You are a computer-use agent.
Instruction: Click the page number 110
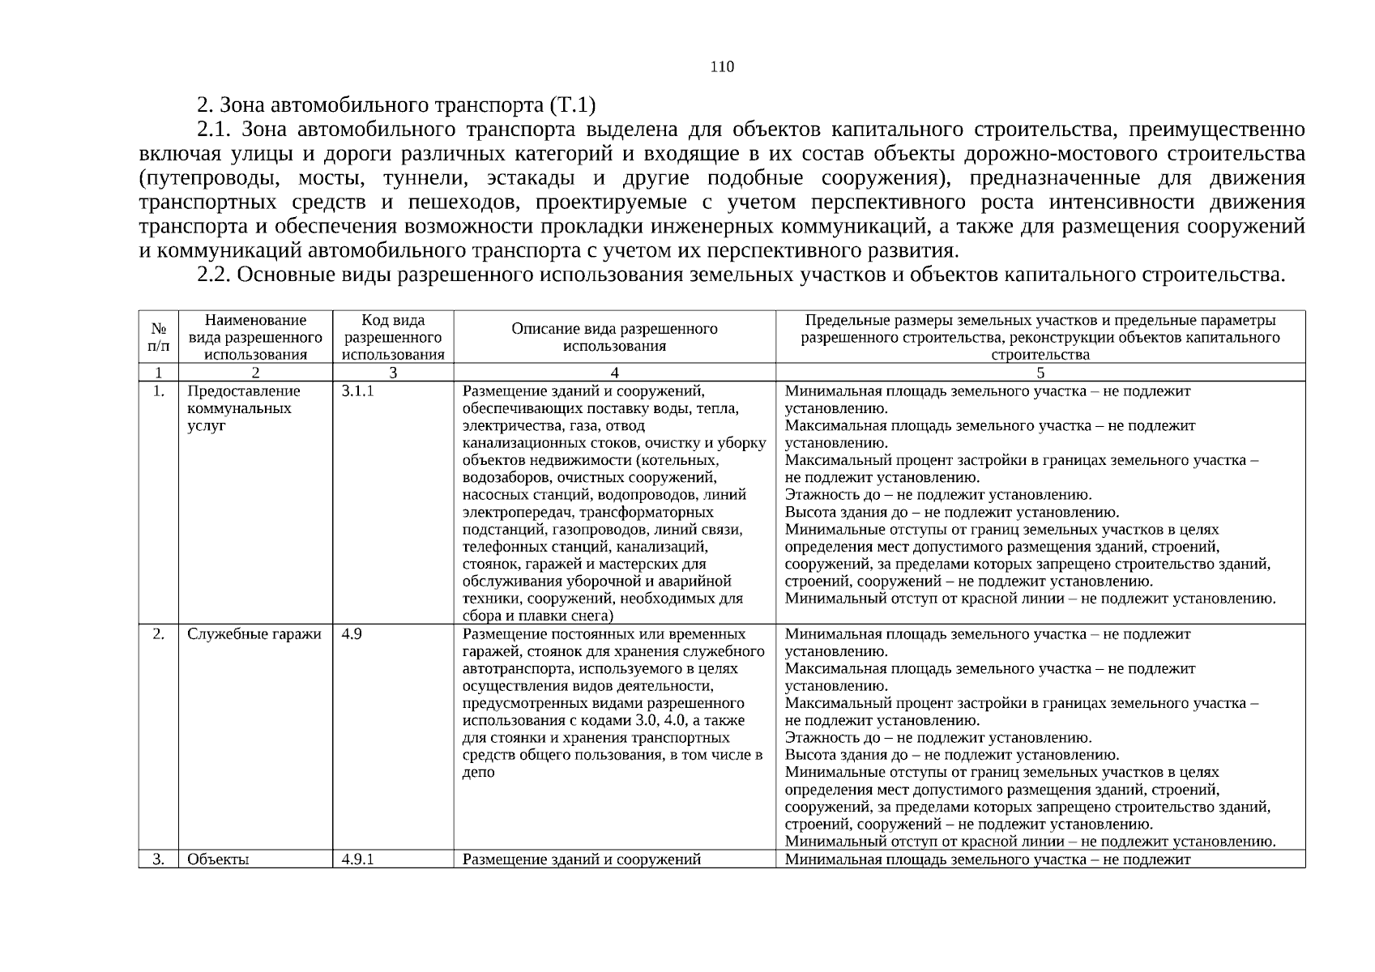[722, 67]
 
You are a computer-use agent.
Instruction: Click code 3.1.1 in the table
[357, 391]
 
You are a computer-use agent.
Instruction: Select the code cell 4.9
[352, 634]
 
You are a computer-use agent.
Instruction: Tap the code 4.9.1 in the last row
[357, 859]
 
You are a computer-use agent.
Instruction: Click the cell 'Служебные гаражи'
[254, 634]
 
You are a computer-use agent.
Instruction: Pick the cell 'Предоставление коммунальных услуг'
[244, 408]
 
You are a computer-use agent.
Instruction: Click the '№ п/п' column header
[159, 337]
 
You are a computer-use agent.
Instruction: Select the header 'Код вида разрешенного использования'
[393, 337]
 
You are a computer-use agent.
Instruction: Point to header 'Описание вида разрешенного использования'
[614, 337]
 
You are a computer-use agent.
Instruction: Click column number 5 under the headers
[1040, 373]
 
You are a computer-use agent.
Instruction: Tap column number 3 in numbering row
[393, 373]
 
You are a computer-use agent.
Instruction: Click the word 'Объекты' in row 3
[218, 859]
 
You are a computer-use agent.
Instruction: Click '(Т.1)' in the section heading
[572, 105]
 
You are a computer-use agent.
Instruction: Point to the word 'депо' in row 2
[478, 773]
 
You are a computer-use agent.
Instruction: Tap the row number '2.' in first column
[159, 634]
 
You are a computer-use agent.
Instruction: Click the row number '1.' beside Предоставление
[159, 391]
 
